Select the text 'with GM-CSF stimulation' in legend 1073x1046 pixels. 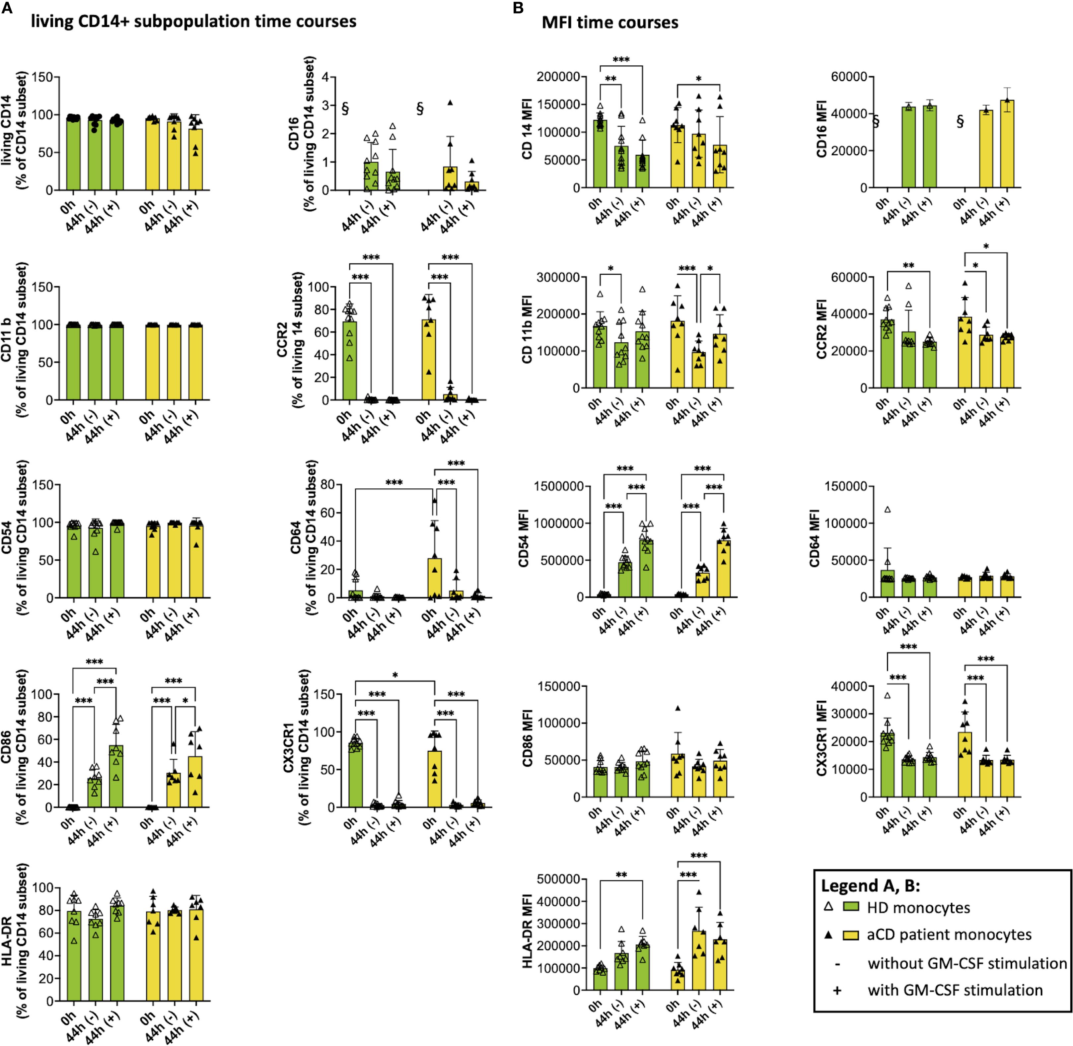(955, 990)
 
